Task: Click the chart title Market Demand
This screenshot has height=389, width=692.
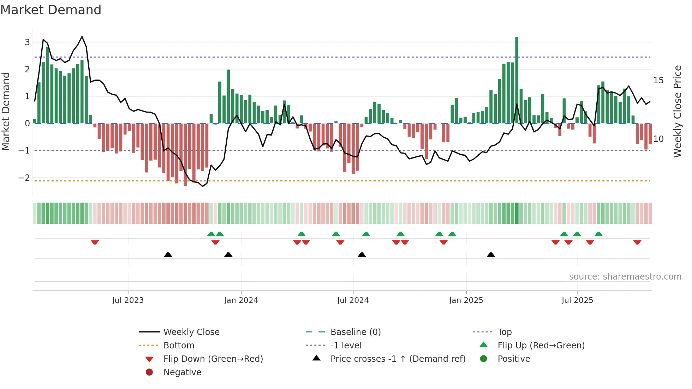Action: click(x=51, y=10)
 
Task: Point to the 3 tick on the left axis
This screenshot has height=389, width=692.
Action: click(x=27, y=42)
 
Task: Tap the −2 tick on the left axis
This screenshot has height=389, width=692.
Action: click(x=24, y=178)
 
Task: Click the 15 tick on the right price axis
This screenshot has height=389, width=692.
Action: click(x=658, y=80)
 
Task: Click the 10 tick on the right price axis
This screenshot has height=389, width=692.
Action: click(x=658, y=139)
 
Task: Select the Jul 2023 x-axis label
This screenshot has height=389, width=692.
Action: click(x=128, y=300)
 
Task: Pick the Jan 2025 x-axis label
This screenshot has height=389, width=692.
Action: click(x=466, y=300)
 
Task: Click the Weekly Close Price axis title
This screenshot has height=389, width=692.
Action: click(x=677, y=111)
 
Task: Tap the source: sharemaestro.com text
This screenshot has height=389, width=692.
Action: click(x=625, y=277)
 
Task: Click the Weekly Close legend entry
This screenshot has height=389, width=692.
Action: click(x=191, y=332)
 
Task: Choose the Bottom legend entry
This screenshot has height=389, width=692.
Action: click(x=179, y=346)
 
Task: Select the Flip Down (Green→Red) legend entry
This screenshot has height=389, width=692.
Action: click(x=213, y=359)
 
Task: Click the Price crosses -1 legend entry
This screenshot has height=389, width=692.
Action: click(x=398, y=359)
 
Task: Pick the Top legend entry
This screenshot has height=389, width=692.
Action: click(x=504, y=332)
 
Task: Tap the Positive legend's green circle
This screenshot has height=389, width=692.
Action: click(x=484, y=359)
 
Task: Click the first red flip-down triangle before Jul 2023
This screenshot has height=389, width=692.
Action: click(x=95, y=242)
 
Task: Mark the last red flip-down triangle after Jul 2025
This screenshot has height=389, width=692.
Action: click(x=637, y=242)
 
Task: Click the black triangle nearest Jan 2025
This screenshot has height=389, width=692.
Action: click(x=491, y=255)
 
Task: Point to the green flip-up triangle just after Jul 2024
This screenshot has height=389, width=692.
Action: click(x=366, y=234)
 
